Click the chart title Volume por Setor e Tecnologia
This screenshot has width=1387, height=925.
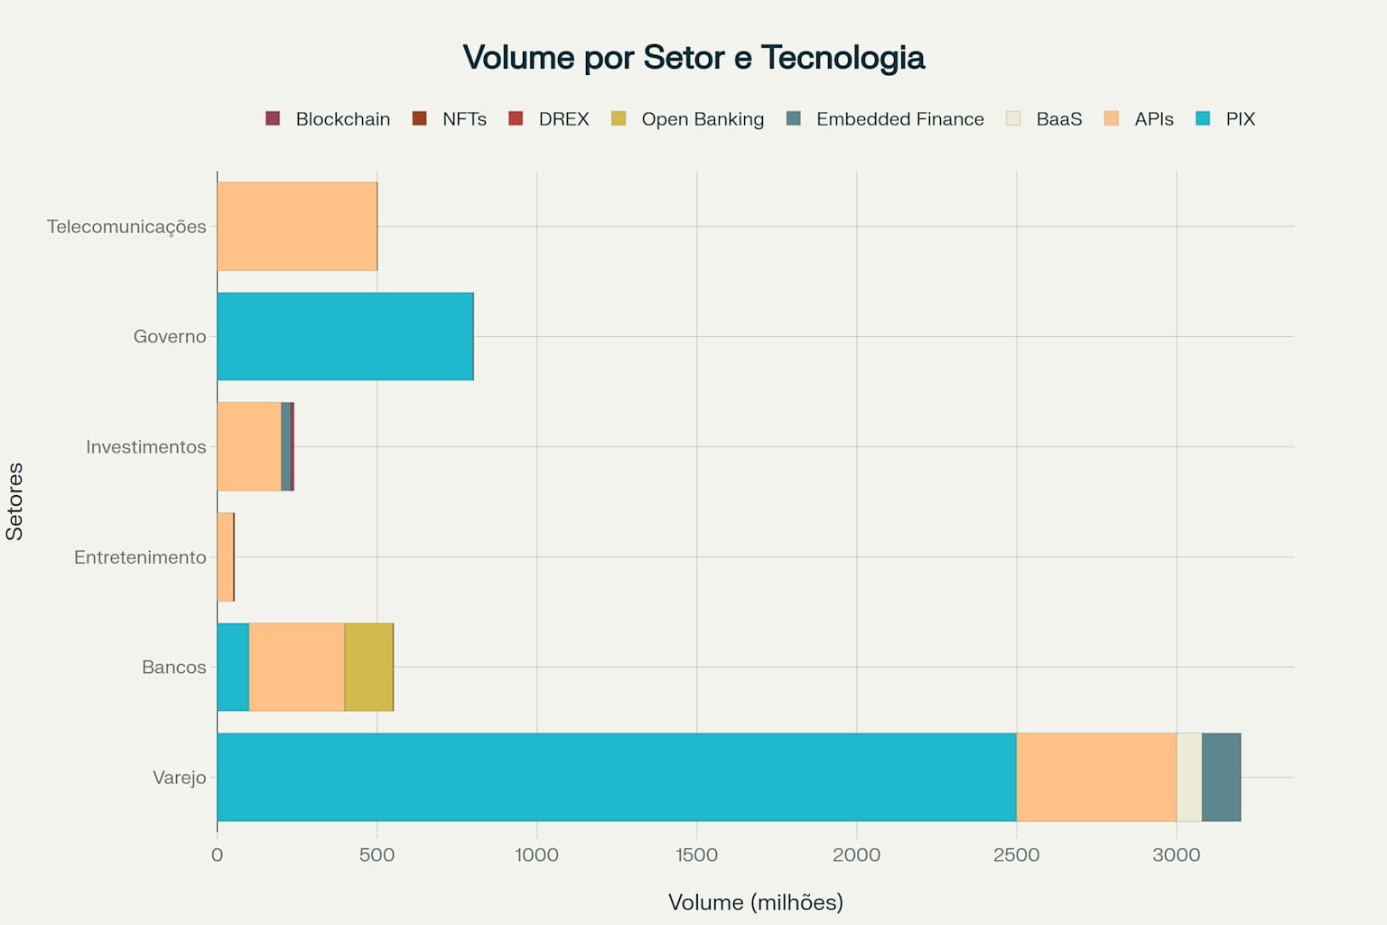(693, 58)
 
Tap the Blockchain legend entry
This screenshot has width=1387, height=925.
(329, 119)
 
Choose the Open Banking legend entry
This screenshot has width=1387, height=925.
(688, 119)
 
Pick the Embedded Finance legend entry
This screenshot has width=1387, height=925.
(886, 119)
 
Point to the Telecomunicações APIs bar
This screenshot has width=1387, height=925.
(297, 226)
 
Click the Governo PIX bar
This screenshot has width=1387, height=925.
(345, 336)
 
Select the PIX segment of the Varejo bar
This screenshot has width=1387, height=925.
(616, 777)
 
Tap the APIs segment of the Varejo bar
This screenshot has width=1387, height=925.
(1096, 777)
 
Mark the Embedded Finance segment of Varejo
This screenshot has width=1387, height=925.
(1221, 777)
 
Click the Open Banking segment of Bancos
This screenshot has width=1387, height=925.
(368, 667)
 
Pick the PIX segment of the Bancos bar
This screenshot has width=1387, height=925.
(233, 667)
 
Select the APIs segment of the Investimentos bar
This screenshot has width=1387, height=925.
(249, 446)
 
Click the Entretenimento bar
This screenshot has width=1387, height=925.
(225, 556)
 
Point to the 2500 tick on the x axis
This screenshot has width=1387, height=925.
(1016, 855)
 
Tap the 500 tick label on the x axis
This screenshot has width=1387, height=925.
(377, 855)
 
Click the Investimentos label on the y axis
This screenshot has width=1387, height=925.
(146, 447)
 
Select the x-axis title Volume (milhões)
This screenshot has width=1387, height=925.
(755, 902)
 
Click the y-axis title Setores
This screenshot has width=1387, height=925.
(14, 501)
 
